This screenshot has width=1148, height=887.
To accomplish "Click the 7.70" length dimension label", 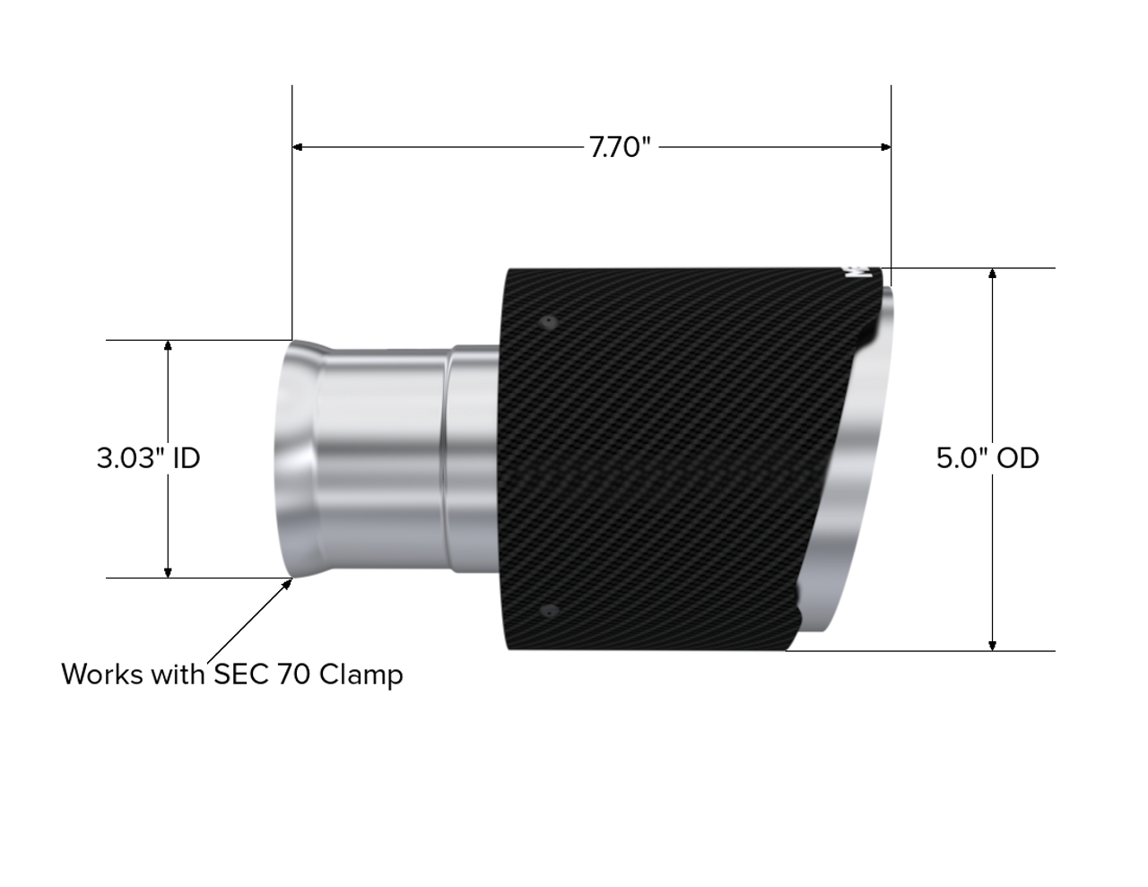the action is pyautogui.click(x=620, y=147).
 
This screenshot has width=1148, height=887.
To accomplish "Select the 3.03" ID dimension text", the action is pyautogui.click(x=149, y=458).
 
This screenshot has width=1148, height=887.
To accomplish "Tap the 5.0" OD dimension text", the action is pyautogui.click(x=987, y=458).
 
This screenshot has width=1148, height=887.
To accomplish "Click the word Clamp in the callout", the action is pyautogui.click(x=361, y=675).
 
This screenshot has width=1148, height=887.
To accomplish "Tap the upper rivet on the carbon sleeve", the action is pyautogui.click(x=549, y=321).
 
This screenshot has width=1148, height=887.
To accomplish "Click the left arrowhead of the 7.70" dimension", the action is pyautogui.click(x=298, y=147).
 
